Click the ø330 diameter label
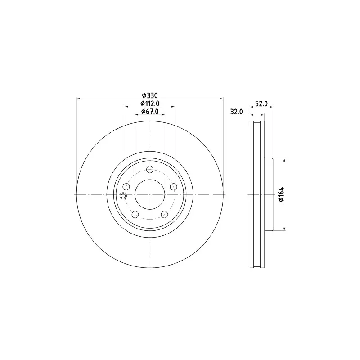coord(150,95)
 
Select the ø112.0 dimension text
coord(150,103)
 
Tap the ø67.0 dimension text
coord(150,112)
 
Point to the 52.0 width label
coord(261,103)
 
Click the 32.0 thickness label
coord(237,112)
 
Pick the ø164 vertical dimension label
coord(281,194)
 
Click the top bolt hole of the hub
coord(150,170)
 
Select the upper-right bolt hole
coord(174,187)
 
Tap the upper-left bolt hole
coord(126,187)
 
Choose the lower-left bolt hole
coord(135,215)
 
